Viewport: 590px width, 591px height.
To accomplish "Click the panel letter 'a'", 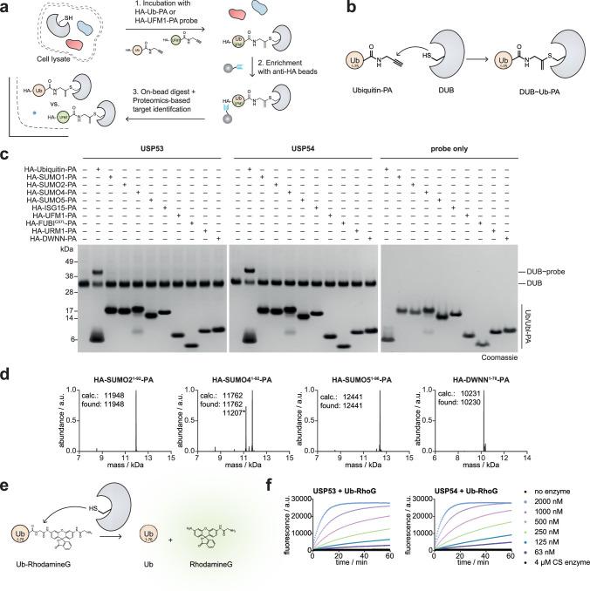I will [7, 7].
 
